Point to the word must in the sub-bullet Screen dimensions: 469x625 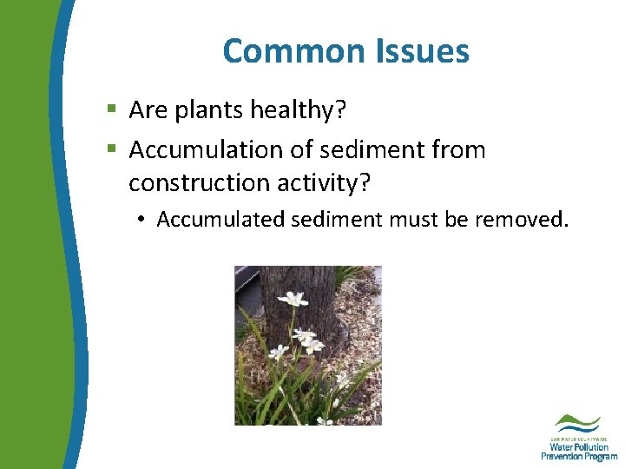point(412,220)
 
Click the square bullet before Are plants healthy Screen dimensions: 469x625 point(111,110)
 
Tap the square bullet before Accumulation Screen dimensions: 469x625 point(111,150)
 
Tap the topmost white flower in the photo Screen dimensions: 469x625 point(293,300)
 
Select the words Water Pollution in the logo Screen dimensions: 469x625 point(579,447)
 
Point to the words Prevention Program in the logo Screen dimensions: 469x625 point(579,457)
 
